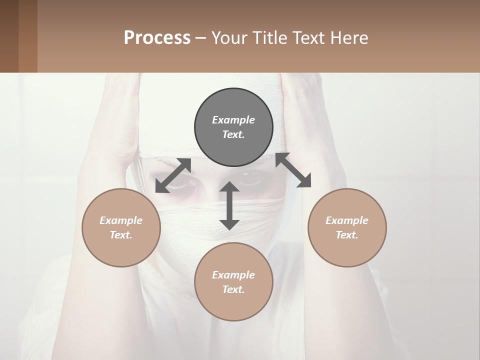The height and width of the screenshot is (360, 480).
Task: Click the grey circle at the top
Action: coord(233,127)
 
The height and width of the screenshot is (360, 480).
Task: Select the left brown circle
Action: coord(121,227)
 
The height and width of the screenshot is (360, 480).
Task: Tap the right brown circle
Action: coord(347,227)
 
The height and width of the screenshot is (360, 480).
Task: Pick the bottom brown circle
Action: coord(233,282)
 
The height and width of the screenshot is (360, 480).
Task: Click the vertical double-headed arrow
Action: coord(229,206)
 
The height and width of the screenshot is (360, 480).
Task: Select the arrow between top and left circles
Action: coord(173,175)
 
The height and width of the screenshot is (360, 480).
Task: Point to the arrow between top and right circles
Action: coord(293,170)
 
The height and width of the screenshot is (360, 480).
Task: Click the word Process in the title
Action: coord(157,37)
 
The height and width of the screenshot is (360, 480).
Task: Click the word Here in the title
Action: coord(349,37)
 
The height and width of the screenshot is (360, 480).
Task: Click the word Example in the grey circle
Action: coord(233,120)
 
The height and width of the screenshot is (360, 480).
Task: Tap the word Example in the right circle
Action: coord(347,220)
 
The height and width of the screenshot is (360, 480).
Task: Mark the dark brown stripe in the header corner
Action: coord(9,36)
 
